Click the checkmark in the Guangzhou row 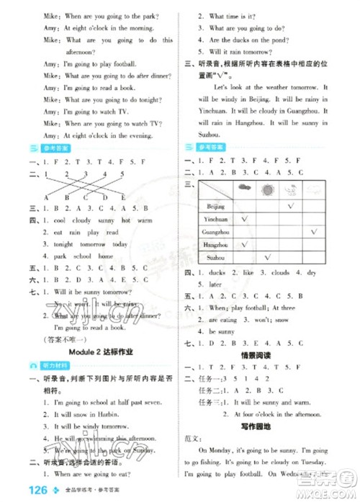coord(314,231)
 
